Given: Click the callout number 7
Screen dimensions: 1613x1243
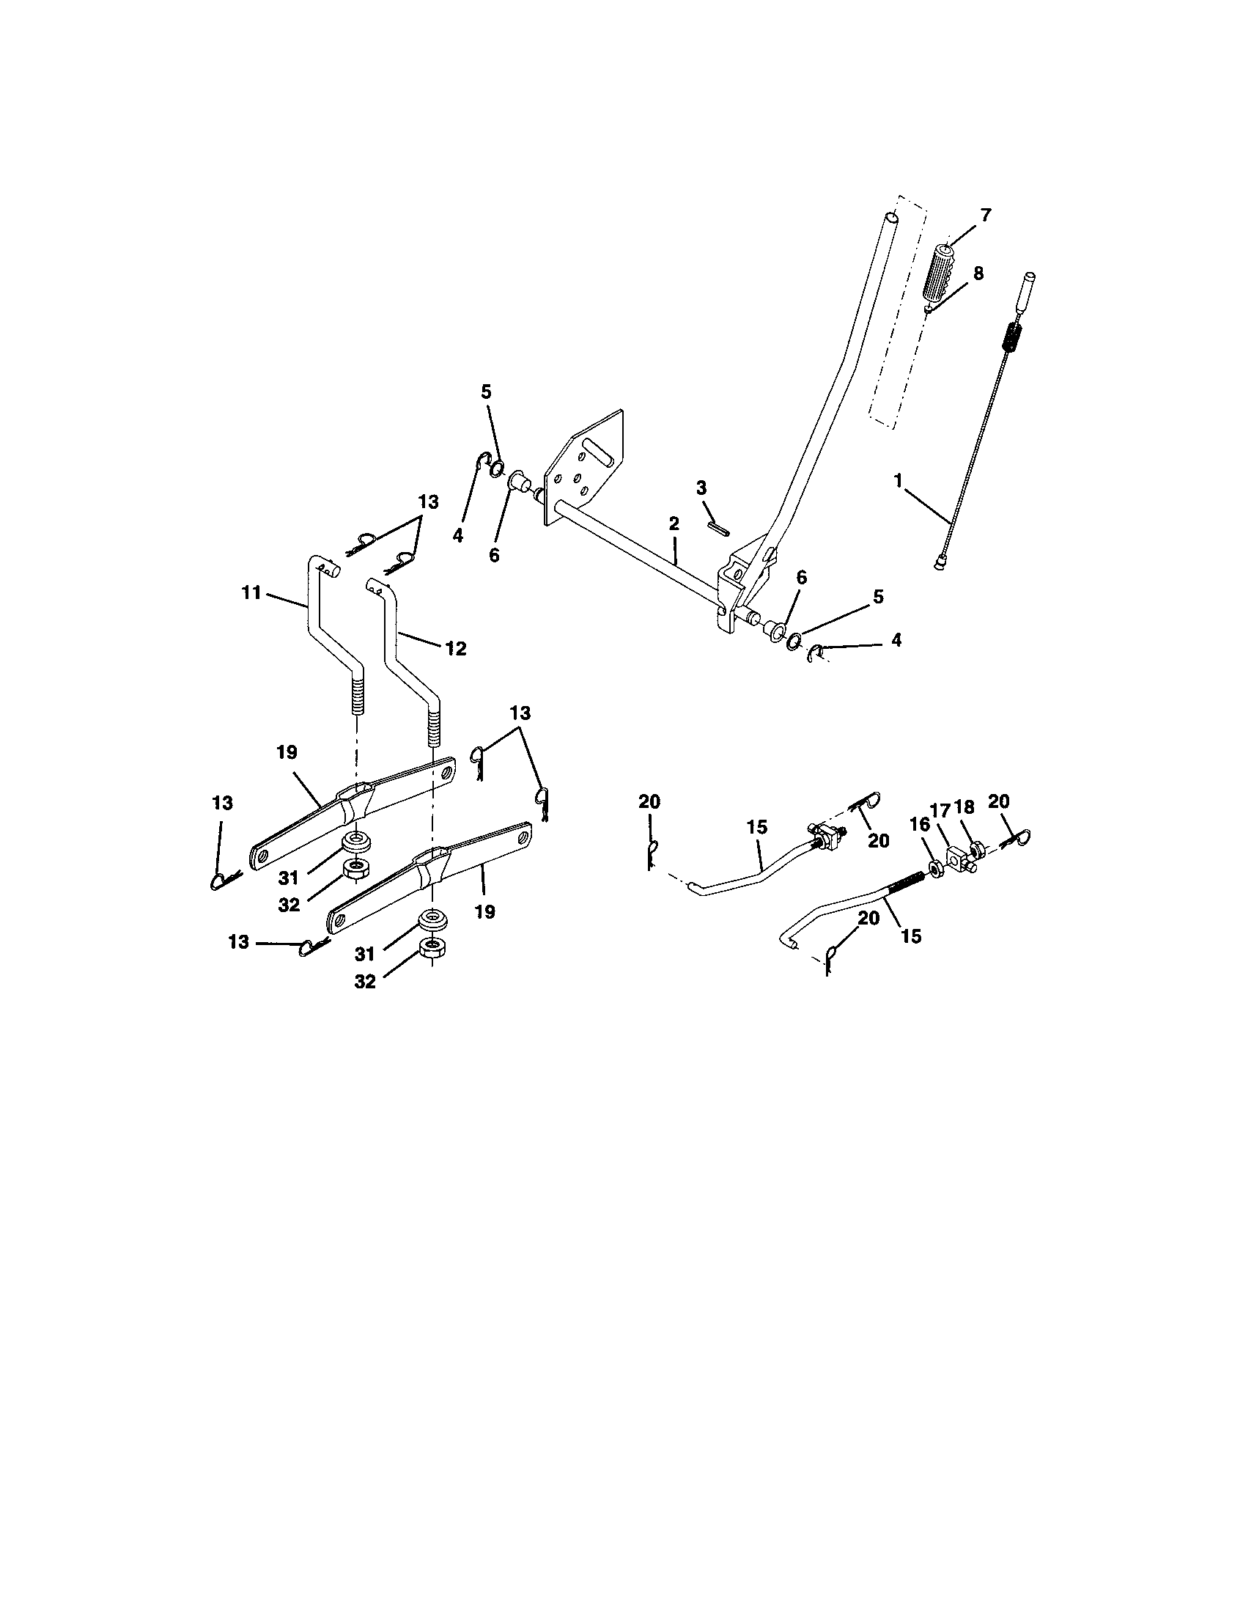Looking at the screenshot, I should click(986, 215).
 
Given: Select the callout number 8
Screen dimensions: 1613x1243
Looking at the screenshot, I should click(977, 273).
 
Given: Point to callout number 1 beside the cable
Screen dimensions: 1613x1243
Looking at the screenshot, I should click(898, 481).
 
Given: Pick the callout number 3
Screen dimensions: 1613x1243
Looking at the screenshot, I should click(701, 488).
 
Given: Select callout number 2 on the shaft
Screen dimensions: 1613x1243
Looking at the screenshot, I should click(673, 523).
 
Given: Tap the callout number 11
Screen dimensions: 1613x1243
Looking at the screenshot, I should click(251, 592).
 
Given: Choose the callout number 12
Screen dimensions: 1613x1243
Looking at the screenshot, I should click(456, 648).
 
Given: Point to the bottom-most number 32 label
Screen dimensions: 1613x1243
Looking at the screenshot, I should click(366, 981).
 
